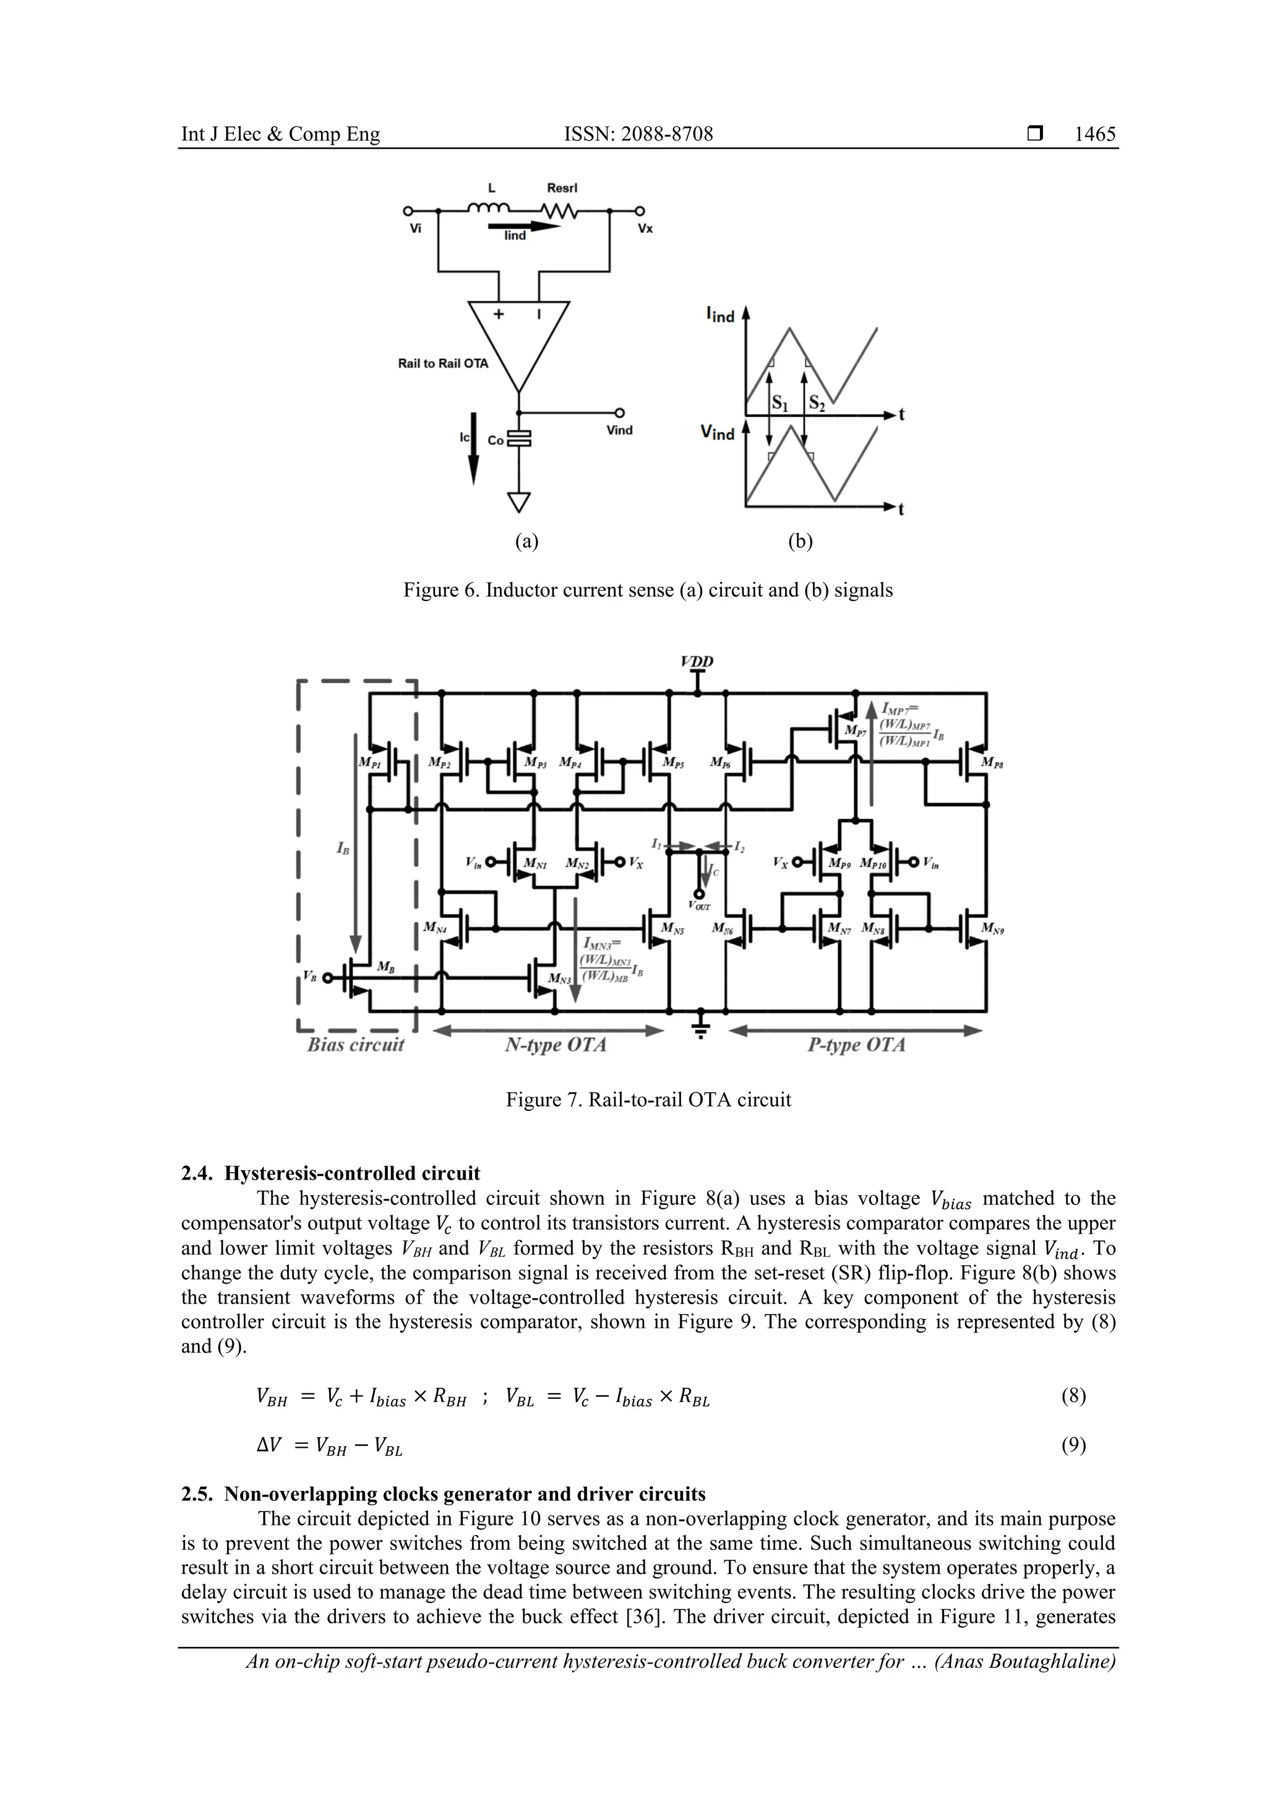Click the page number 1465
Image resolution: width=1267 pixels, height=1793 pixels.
1094,134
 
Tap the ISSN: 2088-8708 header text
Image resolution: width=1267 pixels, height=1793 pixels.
638,134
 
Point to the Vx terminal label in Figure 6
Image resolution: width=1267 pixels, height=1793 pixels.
645,229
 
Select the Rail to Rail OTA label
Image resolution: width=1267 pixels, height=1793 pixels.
442,363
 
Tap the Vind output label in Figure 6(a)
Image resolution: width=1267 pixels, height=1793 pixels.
619,430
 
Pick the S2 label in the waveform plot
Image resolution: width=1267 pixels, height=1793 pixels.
817,403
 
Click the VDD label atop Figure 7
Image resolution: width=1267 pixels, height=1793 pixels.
697,662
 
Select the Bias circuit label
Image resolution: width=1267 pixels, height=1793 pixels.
356,1045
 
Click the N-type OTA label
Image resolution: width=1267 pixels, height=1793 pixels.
555,1045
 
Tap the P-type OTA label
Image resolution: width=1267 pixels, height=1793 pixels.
856,1045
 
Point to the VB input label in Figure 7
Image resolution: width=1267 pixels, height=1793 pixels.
310,977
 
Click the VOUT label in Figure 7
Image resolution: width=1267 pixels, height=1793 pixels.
700,906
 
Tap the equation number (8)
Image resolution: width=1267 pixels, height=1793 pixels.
1073,1396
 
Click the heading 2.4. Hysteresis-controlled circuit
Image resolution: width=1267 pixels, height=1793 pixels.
330,1173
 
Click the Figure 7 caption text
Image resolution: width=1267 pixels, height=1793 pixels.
648,1100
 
